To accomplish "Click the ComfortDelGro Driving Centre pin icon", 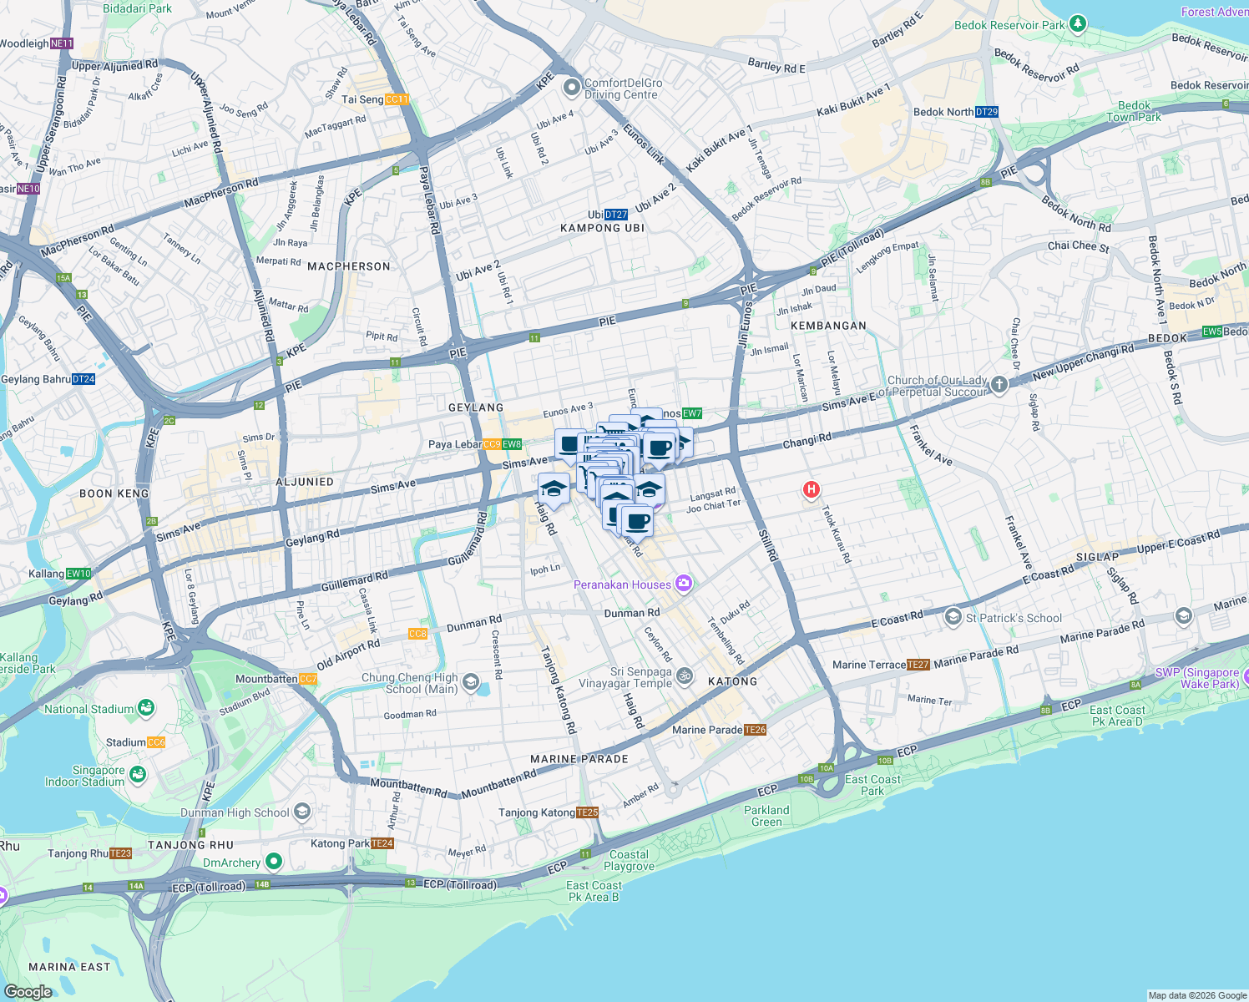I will [x=571, y=87].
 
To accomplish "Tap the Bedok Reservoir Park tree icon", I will [x=1078, y=24].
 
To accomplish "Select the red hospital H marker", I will [x=811, y=489].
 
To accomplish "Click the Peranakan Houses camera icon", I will [x=684, y=584].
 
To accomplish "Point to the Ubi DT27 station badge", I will [x=616, y=215].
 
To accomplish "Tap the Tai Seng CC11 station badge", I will [x=397, y=99].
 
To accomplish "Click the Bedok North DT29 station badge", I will [x=986, y=112].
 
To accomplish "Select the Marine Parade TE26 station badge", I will [x=755, y=730].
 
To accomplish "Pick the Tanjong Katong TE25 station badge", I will [x=587, y=812].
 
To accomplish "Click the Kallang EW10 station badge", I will [x=78, y=574].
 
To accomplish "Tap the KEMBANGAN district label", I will [x=828, y=326].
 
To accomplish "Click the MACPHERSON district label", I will [x=349, y=266].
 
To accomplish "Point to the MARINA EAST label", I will [x=69, y=967].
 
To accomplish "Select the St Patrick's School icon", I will [x=953, y=617].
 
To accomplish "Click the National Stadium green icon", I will [x=146, y=708].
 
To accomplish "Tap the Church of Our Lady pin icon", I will [x=999, y=384].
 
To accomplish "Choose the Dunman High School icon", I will [x=302, y=812].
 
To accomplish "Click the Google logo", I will [x=28, y=991].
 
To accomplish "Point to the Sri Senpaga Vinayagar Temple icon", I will [x=685, y=676].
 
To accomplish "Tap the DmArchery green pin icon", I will [x=273, y=861].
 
